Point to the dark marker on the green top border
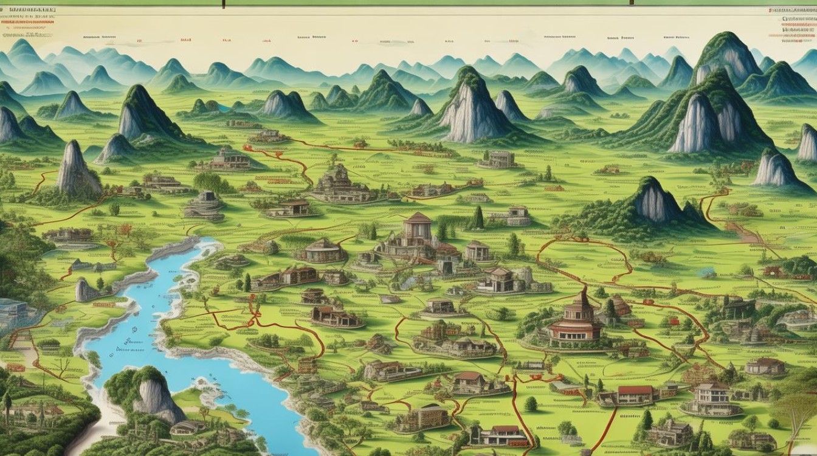[224, 3]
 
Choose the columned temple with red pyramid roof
[418, 228]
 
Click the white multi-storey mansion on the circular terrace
[711, 398]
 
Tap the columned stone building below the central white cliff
[498, 159]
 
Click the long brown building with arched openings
[334, 316]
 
